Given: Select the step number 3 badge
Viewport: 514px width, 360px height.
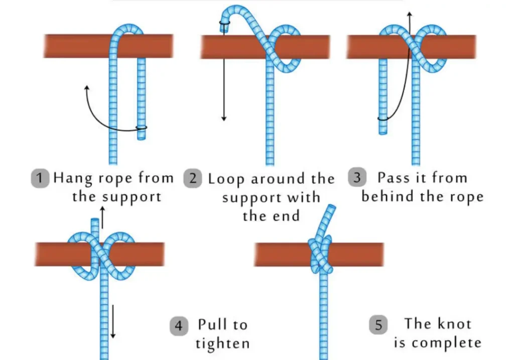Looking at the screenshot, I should click(x=357, y=178).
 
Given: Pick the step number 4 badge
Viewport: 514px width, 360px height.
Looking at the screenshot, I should click(x=179, y=326).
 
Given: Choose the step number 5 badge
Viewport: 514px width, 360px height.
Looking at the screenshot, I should click(x=378, y=325).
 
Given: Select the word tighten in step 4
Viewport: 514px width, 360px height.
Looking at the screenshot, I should click(x=222, y=344).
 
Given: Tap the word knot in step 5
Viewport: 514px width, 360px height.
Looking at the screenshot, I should click(x=455, y=324).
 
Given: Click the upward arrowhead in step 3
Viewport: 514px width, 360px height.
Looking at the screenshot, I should click(x=410, y=15).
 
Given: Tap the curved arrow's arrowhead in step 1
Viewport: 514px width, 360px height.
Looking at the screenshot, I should click(x=86, y=89).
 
